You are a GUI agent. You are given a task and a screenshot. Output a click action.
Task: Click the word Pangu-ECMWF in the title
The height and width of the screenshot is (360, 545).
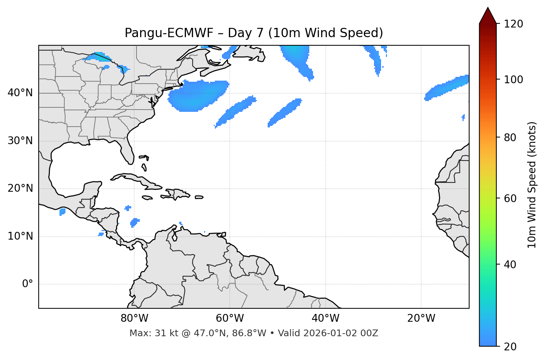tap(169, 33)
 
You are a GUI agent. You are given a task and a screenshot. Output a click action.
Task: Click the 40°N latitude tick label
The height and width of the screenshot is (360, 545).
tap(20, 93)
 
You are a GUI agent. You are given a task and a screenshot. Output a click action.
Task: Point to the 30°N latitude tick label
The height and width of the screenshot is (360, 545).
tap(20, 141)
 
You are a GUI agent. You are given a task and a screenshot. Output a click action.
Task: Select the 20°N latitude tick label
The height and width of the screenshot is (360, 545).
tap(20, 188)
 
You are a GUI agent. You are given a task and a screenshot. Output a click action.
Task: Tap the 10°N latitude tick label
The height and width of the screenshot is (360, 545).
tap(20, 236)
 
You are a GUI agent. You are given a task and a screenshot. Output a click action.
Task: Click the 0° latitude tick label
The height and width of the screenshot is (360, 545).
tap(28, 284)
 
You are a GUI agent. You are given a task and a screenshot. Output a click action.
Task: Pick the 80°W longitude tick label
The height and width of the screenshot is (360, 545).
tap(134, 318)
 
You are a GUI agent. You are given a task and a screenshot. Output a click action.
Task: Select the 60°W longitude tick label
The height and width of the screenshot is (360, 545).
tap(230, 318)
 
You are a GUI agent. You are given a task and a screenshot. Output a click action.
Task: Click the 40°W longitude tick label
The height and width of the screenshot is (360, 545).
tap(325, 318)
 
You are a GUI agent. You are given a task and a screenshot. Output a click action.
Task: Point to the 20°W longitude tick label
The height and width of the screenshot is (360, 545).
tap(421, 318)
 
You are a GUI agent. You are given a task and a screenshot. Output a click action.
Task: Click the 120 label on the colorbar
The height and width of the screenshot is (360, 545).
tap(513, 24)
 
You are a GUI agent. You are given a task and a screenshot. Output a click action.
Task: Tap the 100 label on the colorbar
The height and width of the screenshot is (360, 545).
tap(513, 80)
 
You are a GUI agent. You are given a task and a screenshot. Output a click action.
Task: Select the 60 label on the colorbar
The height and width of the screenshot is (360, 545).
tap(510, 198)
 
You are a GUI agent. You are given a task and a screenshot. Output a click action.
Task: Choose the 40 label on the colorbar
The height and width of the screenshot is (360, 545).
tap(510, 265)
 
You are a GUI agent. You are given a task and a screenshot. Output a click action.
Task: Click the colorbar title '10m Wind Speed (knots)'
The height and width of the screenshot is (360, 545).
tap(532, 185)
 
